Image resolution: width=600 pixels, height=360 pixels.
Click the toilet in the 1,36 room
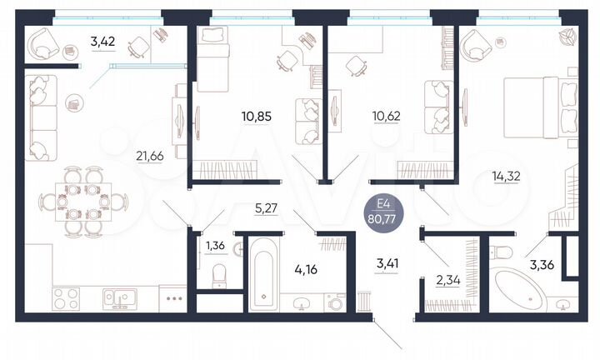point(217,274)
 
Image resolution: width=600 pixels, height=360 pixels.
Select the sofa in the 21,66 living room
point(38,117)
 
